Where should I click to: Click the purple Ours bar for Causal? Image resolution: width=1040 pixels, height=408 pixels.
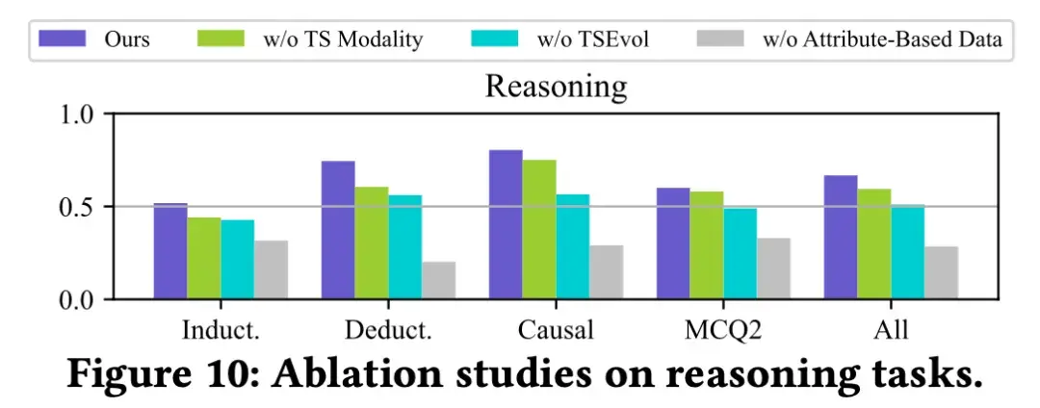pyautogui.click(x=506, y=225)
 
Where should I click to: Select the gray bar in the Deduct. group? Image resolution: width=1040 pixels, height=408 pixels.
pyautogui.click(x=438, y=280)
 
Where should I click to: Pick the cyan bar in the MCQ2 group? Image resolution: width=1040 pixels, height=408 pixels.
pyautogui.click(x=740, y=253)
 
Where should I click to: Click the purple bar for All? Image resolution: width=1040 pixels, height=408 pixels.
pyautogui.click(x=840, y=238)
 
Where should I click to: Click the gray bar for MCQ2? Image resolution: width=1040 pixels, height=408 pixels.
pyautogui.click(x=773, y=268)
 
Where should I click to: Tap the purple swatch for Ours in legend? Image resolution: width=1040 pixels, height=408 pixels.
pyautogui.click(x=65, y=39)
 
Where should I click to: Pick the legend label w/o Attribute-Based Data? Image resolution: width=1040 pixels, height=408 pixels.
pyautogui.click(x=882, y=40)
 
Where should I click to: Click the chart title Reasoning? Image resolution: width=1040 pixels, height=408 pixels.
pyautogui.click(x=556, y=88)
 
